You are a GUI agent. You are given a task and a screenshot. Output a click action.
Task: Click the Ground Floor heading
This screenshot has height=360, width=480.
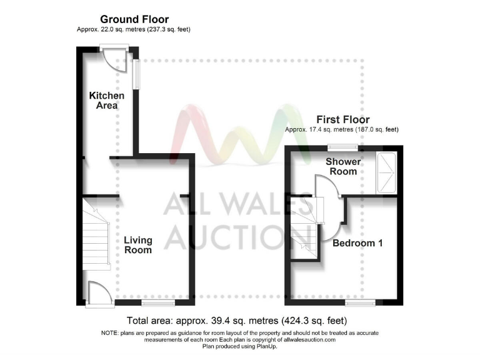coord(134,20)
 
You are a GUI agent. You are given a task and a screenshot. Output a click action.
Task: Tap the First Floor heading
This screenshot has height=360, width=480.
coord(342,119)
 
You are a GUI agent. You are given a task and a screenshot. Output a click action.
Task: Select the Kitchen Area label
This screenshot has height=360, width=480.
coord(106,101)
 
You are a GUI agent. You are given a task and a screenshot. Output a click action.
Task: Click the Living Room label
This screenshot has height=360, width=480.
coord(137,245)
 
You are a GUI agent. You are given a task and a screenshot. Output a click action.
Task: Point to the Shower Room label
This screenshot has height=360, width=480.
coord(342,166)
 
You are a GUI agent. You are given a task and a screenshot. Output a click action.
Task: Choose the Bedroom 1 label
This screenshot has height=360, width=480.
coord(357,243)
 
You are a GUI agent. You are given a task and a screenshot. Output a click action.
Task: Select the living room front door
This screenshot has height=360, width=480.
coord(98,293)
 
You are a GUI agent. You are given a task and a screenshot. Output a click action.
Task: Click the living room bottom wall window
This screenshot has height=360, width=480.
coord(153,303)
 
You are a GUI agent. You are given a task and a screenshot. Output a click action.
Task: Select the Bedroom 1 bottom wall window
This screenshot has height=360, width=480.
coord(361,303)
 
